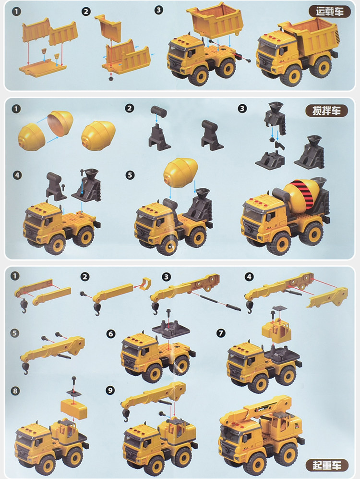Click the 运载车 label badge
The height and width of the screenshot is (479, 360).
[329, 12]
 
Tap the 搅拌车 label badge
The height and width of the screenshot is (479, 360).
[326, 111]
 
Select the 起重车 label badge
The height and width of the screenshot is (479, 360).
[327, 465]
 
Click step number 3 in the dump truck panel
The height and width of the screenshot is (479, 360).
[158, 10]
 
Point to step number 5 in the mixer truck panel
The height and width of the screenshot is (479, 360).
[130, 175]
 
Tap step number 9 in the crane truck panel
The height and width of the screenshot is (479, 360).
[110, 390]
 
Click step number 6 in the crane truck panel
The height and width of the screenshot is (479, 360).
[111, 333]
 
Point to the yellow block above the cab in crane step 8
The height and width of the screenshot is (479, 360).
[73, 408]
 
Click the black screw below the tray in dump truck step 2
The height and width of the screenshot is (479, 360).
[111, 78]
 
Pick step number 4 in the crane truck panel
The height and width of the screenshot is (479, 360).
[249, 277]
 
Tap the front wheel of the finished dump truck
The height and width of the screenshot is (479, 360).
[291, 74]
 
